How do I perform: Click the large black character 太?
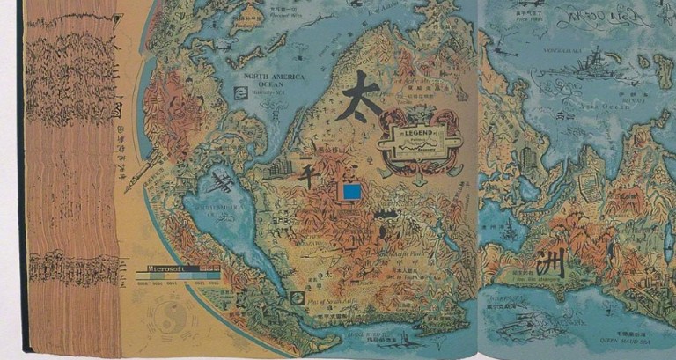click(x=357, y=94)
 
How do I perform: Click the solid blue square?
click(x=353, y=193)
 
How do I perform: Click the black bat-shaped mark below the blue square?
click(x=385, y=214)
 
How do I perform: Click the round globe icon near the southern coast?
click(x=297, y=297)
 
